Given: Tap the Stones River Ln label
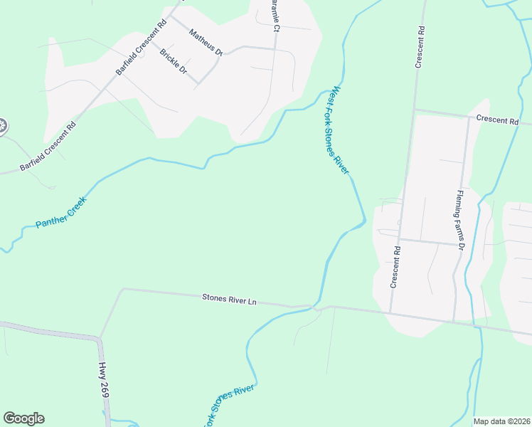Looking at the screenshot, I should (229, 300).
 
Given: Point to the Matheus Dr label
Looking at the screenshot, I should (206, 42).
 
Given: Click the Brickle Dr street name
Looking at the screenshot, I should (173, 61).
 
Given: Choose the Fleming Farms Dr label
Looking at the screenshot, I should (460, 220).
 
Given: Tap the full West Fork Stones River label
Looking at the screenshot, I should (339, 130).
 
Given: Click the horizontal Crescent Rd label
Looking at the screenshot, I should (497, 120).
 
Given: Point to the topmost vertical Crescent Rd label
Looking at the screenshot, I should (420, 47).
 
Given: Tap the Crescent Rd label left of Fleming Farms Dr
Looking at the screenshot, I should (396, 267).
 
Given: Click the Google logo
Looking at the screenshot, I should (23, 418).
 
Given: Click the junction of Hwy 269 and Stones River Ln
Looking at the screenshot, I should (100, 337).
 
